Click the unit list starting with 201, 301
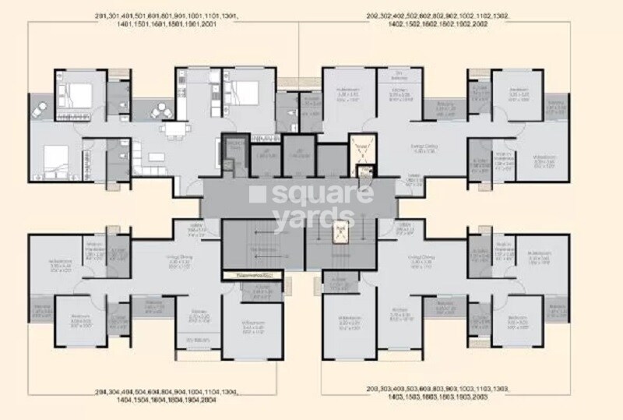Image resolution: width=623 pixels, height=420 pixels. (155, 19)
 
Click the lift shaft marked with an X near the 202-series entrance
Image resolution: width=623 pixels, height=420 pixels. (360, 146)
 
